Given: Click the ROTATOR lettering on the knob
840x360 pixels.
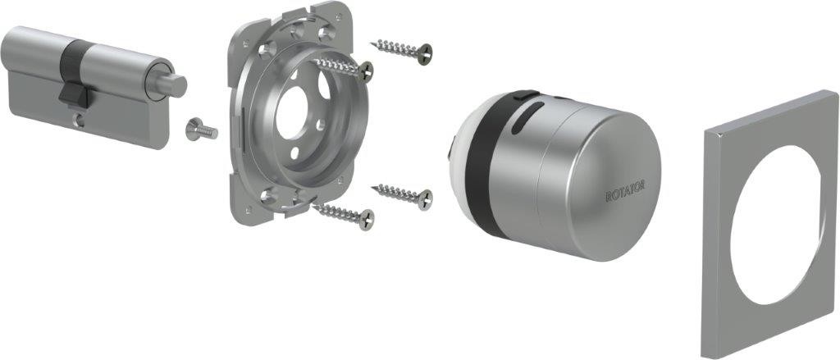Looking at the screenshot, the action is (625, 191).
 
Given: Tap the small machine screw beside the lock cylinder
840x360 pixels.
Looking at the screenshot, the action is (202, 129).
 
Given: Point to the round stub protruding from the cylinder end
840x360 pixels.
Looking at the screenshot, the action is (172, 85).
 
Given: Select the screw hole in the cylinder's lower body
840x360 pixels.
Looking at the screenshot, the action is (79, 121).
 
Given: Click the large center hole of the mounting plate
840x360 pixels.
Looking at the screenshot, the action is (292, 114).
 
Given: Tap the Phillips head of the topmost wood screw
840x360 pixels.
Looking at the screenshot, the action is (425, 54).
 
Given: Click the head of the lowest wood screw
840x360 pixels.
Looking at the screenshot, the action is (367, 220).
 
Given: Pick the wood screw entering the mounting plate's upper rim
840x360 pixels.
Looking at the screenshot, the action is (343, 68).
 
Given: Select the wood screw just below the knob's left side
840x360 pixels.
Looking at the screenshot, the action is (402, 195).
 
